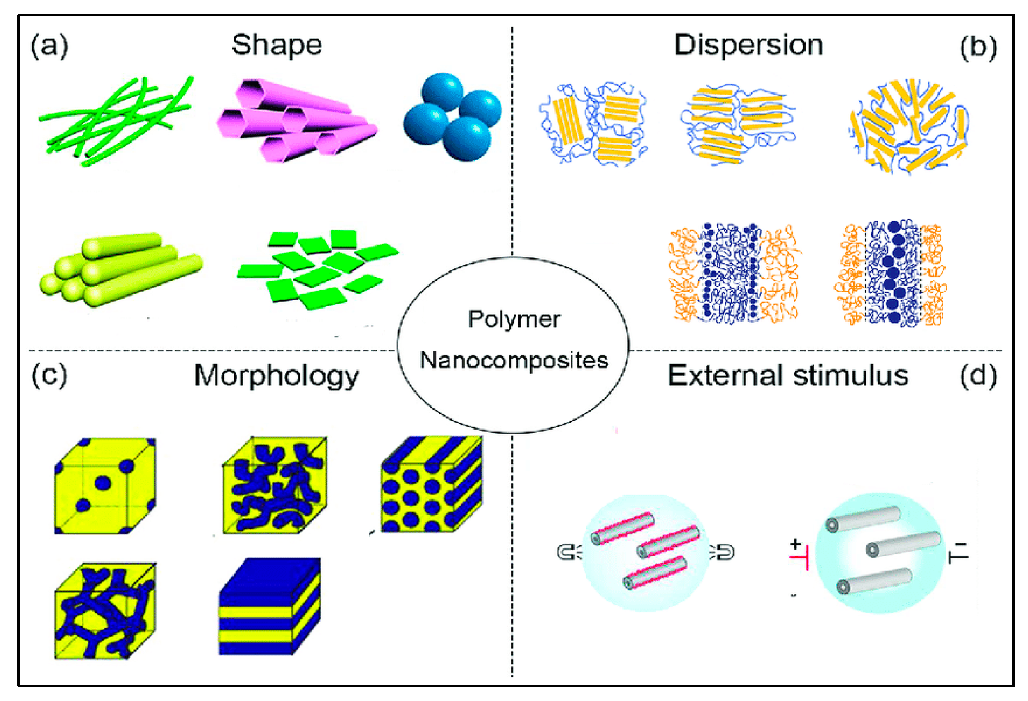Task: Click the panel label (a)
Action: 49,46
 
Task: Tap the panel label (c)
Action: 49,375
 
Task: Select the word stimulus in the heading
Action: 850,375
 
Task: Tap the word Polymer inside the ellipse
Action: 514,319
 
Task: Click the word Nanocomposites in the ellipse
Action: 514,360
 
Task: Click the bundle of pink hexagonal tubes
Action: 296,121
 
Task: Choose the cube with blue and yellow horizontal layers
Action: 270,607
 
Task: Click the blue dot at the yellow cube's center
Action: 103,483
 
